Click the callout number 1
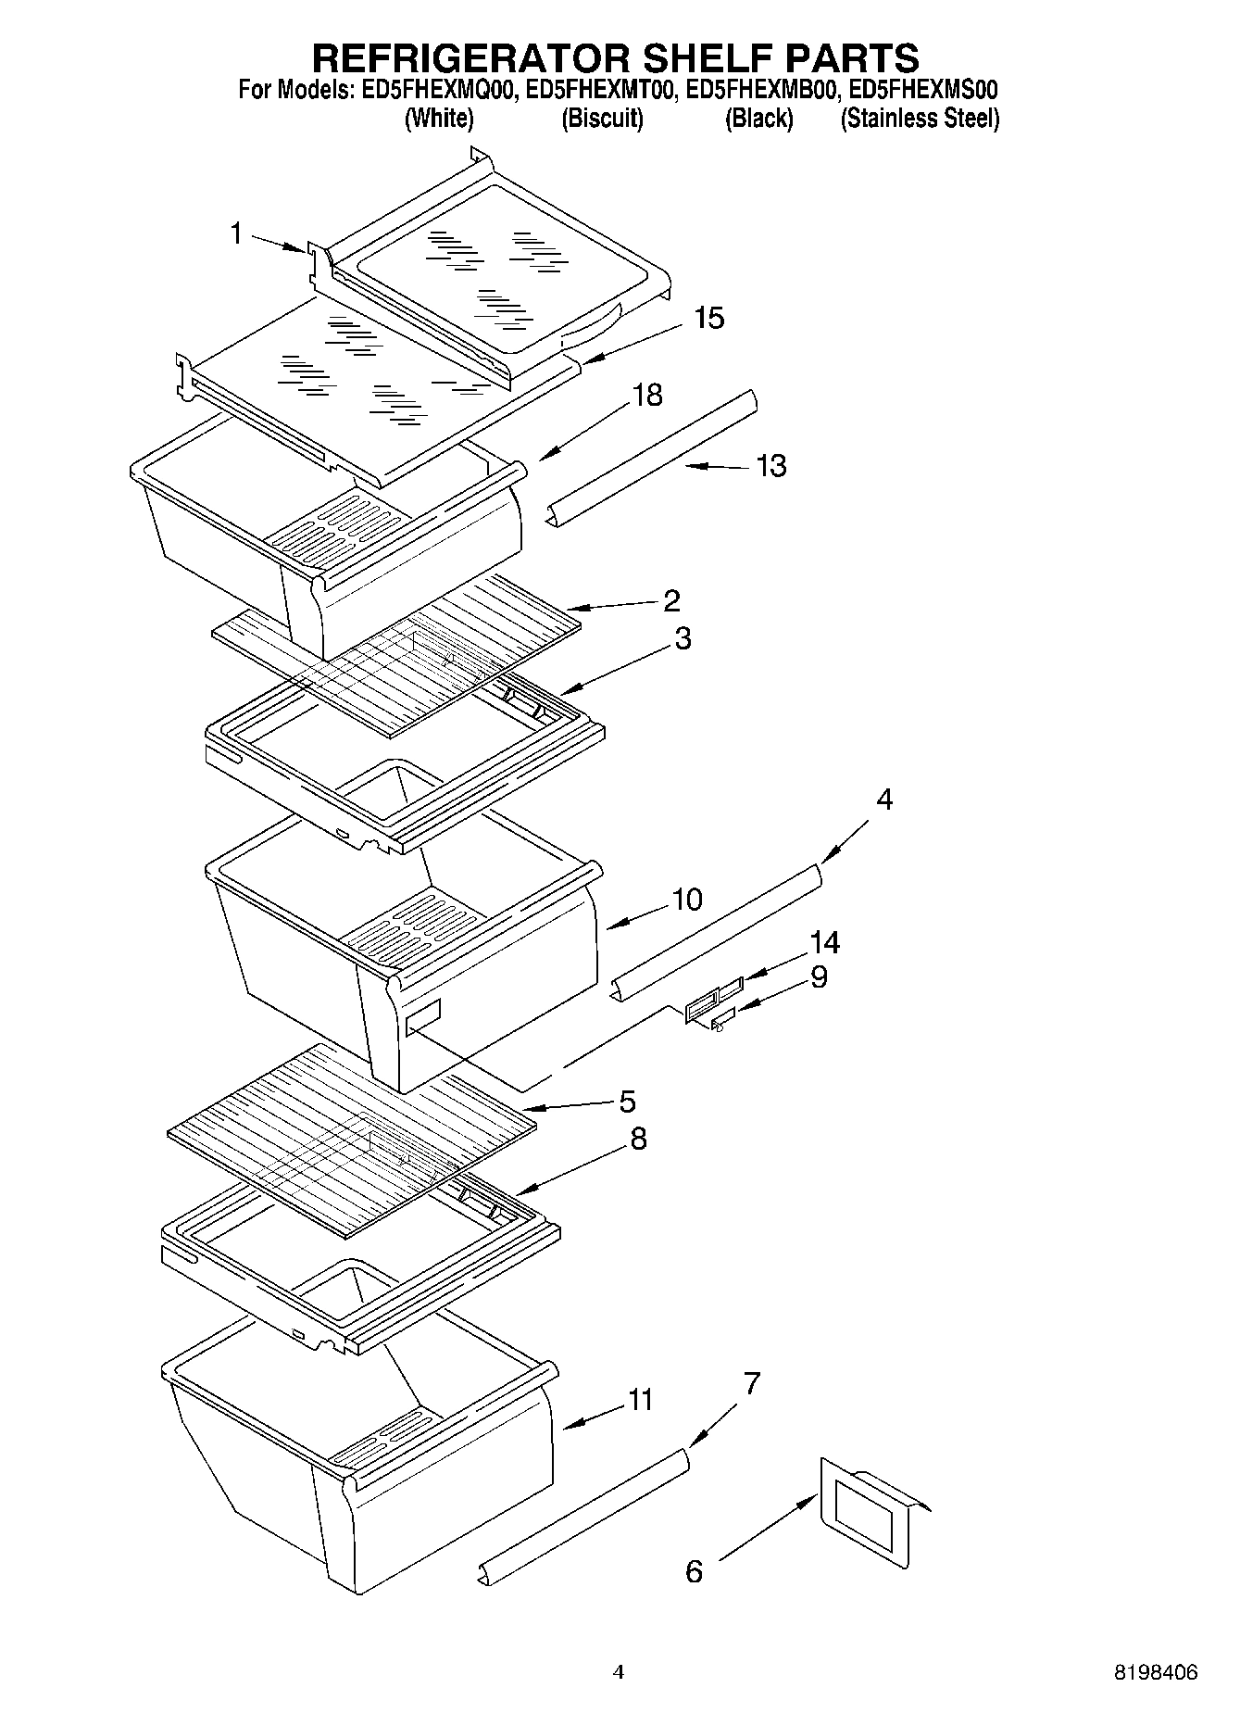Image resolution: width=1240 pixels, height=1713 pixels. click(236, 233)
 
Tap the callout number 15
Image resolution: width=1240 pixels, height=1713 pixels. click(708, 319)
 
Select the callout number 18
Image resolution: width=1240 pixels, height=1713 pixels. click(647, 396)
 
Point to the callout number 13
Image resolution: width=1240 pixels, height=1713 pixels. click(770, 465)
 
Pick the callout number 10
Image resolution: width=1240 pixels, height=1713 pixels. click(687, 900)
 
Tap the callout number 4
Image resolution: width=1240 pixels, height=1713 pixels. click(884, 800)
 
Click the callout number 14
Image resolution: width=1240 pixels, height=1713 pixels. click(824, 943)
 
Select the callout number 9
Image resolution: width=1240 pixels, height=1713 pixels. click(819, 977)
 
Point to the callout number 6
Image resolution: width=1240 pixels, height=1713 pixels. click(694, 1571)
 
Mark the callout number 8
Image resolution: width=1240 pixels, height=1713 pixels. click(638, 1139)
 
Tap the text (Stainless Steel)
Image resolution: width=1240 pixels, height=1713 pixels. click(919, 119)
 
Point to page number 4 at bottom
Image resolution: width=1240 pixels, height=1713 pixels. click(619, 1673)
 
